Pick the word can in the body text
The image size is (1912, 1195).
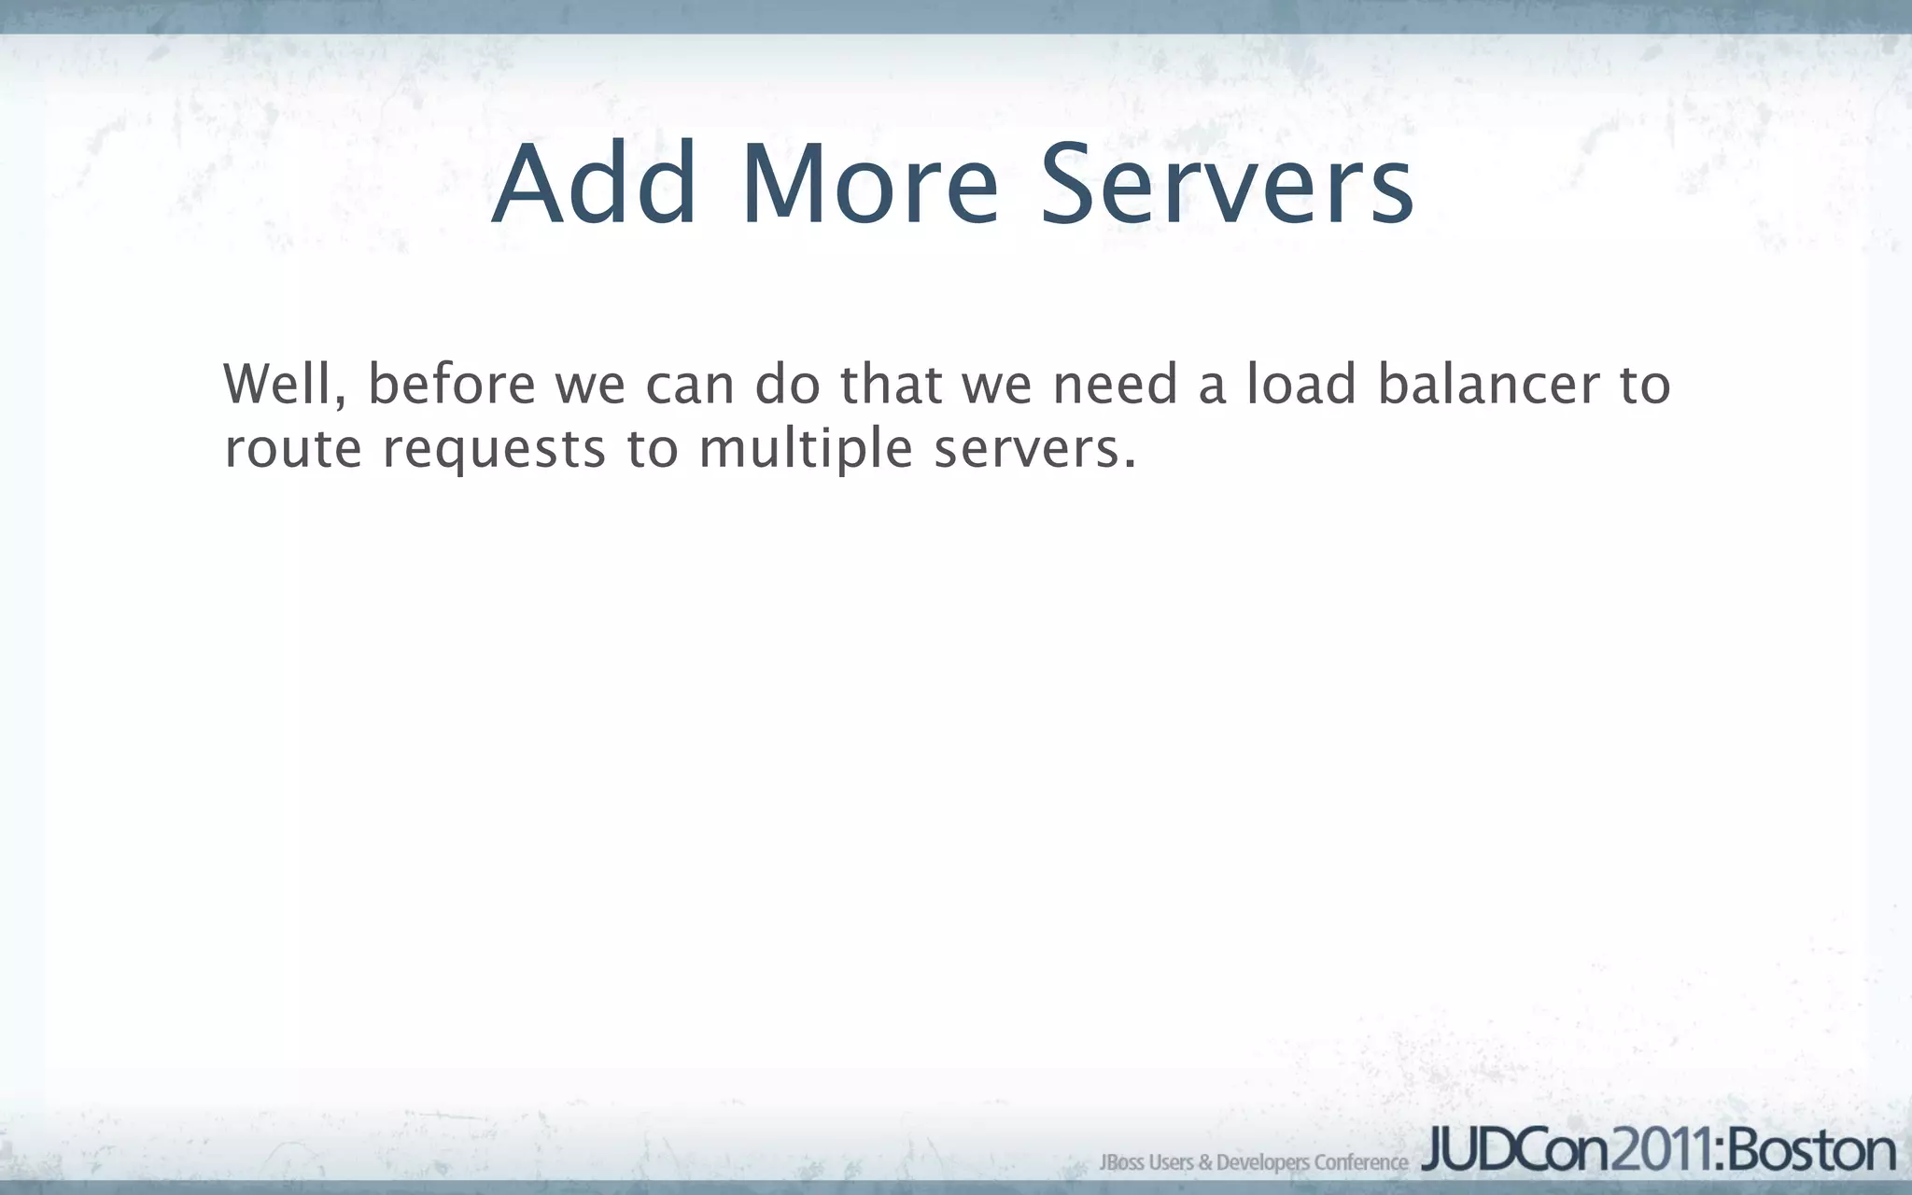click(690, 386)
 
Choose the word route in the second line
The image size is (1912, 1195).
click(293, 449)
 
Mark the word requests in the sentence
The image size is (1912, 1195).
click(495, 451)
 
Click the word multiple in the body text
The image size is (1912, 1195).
click(805, 449)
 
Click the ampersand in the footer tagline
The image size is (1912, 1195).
click(1205, 1162)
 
